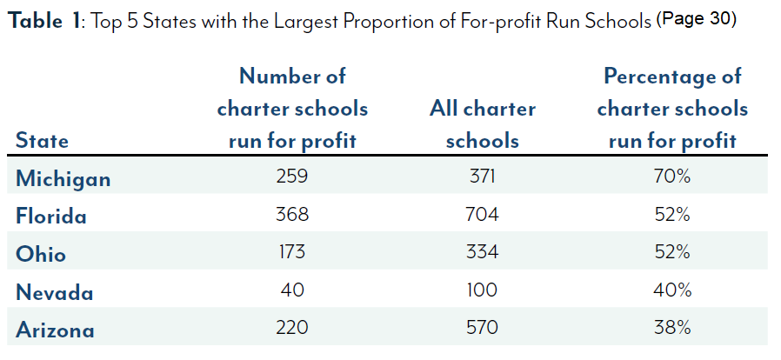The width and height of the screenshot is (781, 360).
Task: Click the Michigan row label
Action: (x=63, y=179)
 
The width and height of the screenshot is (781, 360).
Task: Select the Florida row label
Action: (x=52, y=216)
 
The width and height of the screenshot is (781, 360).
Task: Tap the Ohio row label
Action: (x=41, y=254)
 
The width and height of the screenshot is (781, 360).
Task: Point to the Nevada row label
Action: (x=55, y=292)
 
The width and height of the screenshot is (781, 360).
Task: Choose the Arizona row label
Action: (x=56, y=330)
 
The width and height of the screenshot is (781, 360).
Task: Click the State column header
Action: (x=43, y=141)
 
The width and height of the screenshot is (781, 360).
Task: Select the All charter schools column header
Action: (x=483, y=124)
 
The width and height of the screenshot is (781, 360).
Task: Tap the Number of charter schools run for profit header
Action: (x=292, y=109)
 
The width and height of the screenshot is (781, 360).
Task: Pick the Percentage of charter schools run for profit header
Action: (x=672, y=109)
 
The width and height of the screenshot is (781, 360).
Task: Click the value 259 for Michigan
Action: (x=292, y=177)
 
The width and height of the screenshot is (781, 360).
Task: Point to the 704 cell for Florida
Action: (x=483, y=215)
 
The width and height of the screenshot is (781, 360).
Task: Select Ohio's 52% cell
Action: (x=672, y=252)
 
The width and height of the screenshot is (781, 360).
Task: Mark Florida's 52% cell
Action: (x=672, y=215)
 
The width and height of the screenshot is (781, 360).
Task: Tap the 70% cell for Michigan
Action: (x=672, y=177)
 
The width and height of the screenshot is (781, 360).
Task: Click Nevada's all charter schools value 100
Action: (x=483, y=290)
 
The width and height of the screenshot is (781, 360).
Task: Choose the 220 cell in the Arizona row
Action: (x=292, y=329)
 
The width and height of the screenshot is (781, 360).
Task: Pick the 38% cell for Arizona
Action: (x=672, y=329)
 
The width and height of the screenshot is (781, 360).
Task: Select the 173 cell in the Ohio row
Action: (x=292, y=252)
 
